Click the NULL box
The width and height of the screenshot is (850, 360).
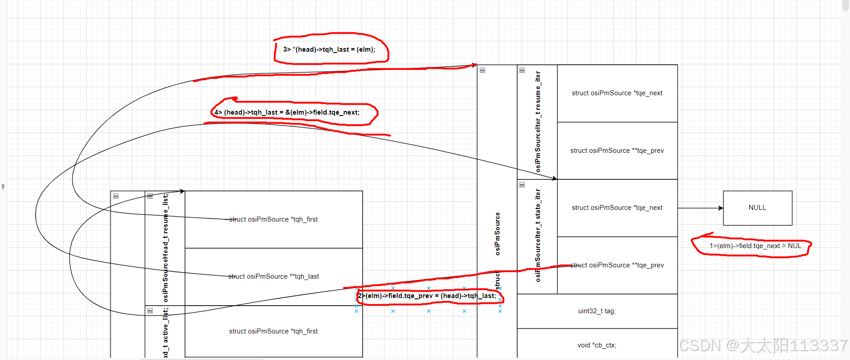757,208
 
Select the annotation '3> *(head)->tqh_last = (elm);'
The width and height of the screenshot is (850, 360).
329,49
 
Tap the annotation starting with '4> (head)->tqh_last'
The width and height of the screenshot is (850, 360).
287,112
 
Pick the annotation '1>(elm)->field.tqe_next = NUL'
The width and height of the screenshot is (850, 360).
755,246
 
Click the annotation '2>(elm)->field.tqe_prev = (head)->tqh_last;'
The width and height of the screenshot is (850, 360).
427,296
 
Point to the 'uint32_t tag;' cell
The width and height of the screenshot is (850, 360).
597,311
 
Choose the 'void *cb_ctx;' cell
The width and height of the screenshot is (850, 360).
597,345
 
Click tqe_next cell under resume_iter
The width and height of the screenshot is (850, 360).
617,93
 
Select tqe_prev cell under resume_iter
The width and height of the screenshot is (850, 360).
617,151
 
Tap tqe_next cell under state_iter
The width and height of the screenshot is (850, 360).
617,208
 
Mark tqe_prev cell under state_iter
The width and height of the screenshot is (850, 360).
617,265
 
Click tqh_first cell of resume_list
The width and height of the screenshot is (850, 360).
273,219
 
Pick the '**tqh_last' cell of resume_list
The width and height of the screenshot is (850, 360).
273,276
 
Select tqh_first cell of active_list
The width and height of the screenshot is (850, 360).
273,331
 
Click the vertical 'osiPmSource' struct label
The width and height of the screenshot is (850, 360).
497,234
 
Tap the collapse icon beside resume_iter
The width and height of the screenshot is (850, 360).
522,70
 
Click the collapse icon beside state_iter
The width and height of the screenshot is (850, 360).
522,185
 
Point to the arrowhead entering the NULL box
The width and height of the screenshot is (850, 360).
721,208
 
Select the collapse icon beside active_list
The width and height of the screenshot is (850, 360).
150,311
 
